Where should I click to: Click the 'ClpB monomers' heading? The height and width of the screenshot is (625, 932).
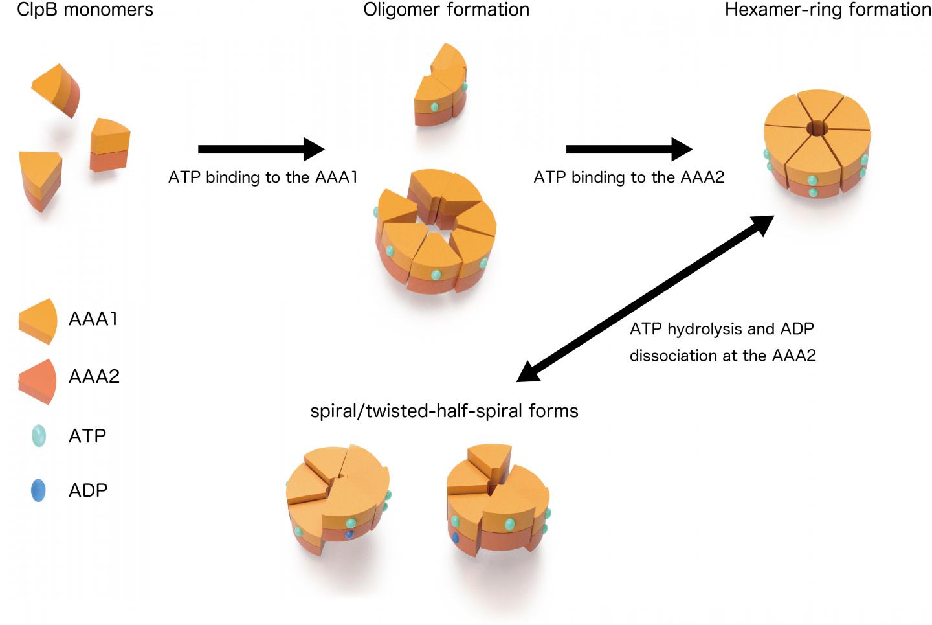[x=85, y=10]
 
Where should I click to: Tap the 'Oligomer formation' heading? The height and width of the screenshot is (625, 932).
[x=446, y=10]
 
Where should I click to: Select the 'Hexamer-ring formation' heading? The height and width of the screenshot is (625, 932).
[x=828, y=10]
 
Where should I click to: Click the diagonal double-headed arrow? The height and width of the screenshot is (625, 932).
[x=646, y=299]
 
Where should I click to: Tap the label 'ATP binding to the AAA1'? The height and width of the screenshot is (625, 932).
[x=263, y=177]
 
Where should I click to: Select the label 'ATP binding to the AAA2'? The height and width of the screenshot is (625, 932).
[x=628, y=177]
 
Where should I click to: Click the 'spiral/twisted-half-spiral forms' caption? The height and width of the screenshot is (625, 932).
[x=444, y=411]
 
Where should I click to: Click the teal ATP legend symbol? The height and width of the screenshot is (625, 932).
[x=39, y=436]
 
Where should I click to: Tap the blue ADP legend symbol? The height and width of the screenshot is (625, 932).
[x=38, y=490]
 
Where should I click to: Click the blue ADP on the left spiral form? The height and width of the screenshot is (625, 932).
[x=349, y=534]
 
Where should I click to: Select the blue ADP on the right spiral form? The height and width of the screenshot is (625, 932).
[x=455, y=537]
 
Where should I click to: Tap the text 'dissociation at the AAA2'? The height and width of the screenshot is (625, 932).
[x=722, y=356]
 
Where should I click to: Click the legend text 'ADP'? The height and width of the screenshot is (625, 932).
[x=88, y=490]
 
